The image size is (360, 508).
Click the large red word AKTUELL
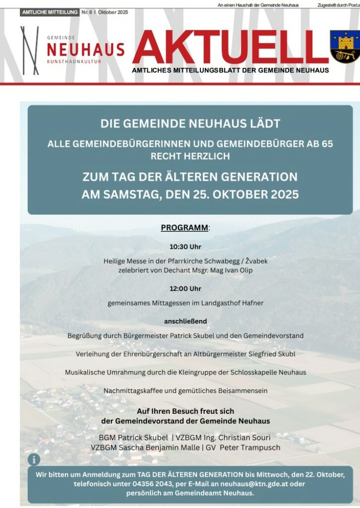click(231, 48)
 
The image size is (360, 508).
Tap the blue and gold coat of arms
click(345, 46)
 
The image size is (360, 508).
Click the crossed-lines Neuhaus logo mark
click(29, 51)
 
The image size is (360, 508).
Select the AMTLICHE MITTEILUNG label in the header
click(50, 12)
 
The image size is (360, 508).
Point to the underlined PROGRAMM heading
click(184, 228)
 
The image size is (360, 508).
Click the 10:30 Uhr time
click(185, 247)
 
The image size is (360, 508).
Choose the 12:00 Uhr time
click(185, 288)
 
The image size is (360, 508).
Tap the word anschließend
click(185, 321)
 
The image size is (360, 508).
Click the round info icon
click(34, 459)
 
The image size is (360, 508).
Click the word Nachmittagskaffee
click(135, 390)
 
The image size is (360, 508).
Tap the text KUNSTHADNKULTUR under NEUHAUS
click(74, 62)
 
